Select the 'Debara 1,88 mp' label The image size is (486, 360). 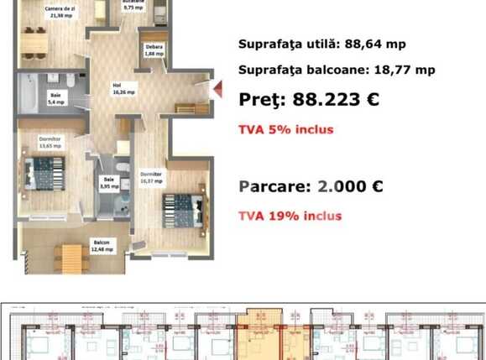point(154,50)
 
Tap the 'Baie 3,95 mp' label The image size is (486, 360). point(109,182)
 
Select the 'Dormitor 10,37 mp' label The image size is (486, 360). point(152,178)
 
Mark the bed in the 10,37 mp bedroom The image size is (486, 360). point(180,205)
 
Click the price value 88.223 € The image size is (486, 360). point(336,99)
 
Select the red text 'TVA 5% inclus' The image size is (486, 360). point(285,129)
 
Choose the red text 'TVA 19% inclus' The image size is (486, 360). point(290,216)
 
